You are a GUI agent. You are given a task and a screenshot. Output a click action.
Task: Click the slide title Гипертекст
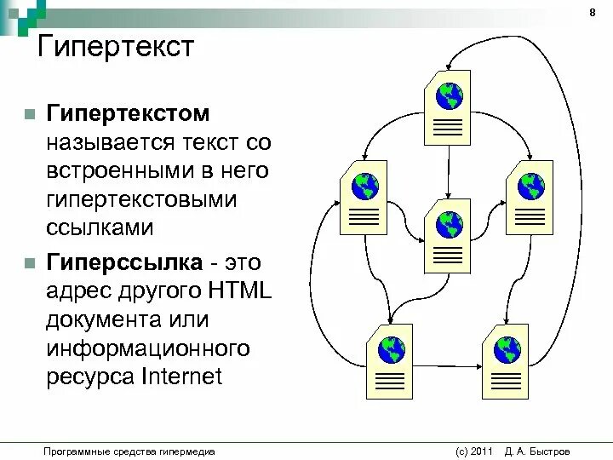[116, 48]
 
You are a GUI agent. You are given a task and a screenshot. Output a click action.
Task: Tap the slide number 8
[592, 13]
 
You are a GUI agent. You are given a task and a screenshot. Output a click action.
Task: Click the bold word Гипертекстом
[129, 113]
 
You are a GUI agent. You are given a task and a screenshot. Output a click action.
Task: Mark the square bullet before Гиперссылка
[29, 261]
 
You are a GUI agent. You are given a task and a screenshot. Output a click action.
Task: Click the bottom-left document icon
[390, 360]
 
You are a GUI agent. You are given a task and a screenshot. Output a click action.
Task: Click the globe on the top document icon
[448, 95]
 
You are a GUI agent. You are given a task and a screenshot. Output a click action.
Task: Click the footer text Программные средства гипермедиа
[129, 451]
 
